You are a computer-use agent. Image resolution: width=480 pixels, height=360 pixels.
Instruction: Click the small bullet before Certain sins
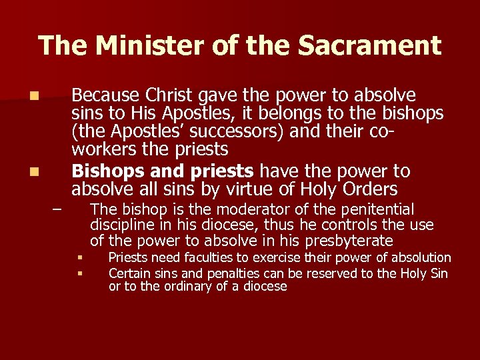[x=79, y=273]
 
